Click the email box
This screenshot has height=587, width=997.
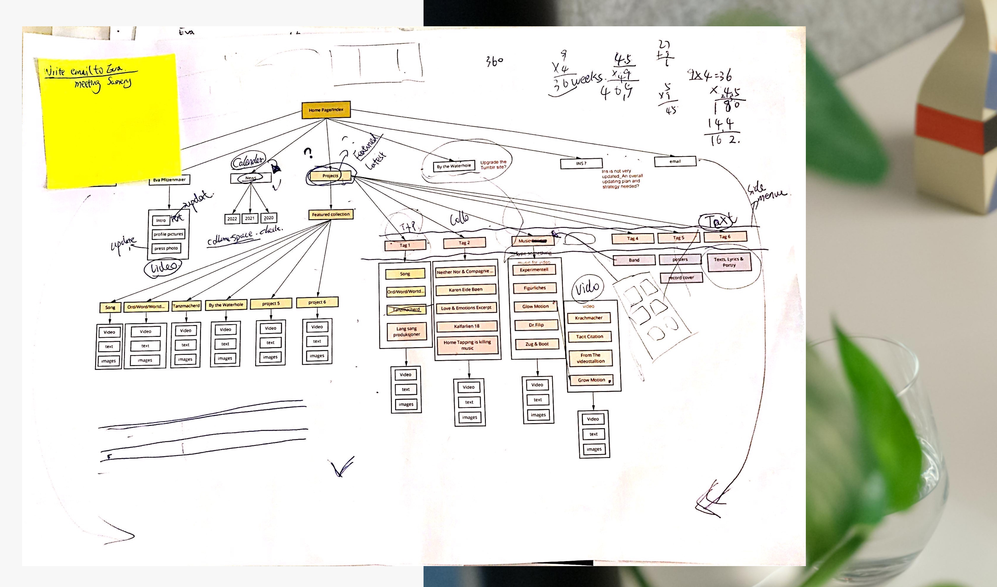[675, 161]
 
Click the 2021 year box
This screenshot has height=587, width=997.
[250, 218]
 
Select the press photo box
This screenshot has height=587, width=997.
[166, 248]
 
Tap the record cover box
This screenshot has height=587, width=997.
[681, 278]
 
